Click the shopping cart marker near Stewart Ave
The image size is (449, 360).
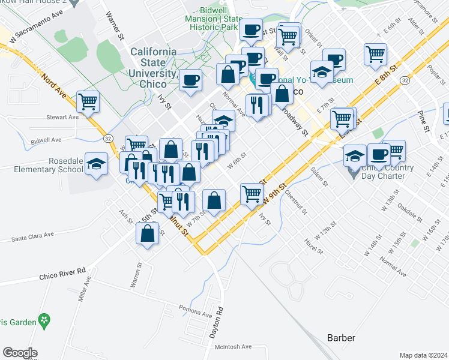[88, 101]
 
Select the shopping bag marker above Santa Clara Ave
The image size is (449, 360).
[147, 233]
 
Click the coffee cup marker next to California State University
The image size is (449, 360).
[191, 80]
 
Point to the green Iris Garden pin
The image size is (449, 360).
[43, 322]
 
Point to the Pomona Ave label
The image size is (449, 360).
[196, 311]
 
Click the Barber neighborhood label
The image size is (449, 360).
[342, 337]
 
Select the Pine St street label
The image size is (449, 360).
[425, 121]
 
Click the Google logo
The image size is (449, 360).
[20, 352]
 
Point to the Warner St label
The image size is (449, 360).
[114, 25]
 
